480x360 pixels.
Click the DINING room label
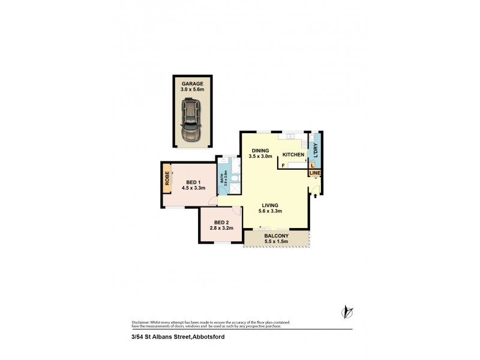pos(260,151)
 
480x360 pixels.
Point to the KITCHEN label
pos(293,155)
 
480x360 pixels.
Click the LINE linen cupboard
pos(315,173)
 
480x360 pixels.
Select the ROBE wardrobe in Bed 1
pos(167,180)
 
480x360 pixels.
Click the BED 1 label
pos(193,182)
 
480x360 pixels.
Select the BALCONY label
pos(277,236)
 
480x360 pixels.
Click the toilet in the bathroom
pos(235,178)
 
